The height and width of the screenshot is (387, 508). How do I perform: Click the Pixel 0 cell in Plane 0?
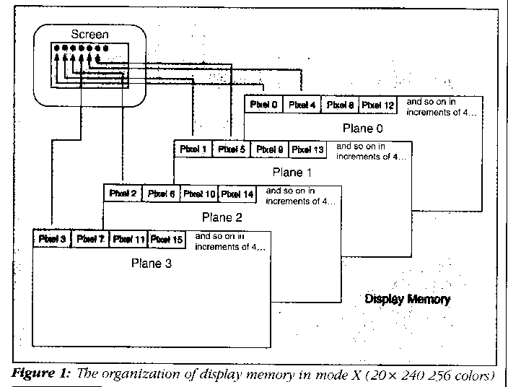tap(263, 105)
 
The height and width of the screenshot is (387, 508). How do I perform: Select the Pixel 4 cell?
tap(302, 105)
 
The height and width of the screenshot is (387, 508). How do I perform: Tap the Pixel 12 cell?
tap(378, 105)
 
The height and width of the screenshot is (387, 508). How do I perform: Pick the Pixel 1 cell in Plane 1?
tap(193, 150)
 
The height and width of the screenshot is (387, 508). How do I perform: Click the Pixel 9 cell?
tap(269, 150)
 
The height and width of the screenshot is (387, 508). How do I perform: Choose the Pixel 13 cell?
tap(307, 150)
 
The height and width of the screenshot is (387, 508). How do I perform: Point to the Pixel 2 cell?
tap(123, 194)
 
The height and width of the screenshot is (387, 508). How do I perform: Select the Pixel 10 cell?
tap(199, 194)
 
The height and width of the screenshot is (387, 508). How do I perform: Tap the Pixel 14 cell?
tap(237, 194)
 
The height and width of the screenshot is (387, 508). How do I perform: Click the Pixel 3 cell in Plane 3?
tap(52, 239)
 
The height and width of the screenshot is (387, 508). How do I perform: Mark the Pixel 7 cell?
tap(90, 239)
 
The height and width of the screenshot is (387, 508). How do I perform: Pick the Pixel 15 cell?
tap(167, 239)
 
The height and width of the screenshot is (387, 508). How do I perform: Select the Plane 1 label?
tap(292, 173)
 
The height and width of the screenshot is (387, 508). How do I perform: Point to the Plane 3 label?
tap(152, 264)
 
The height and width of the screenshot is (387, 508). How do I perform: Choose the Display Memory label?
tap(407, 299)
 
